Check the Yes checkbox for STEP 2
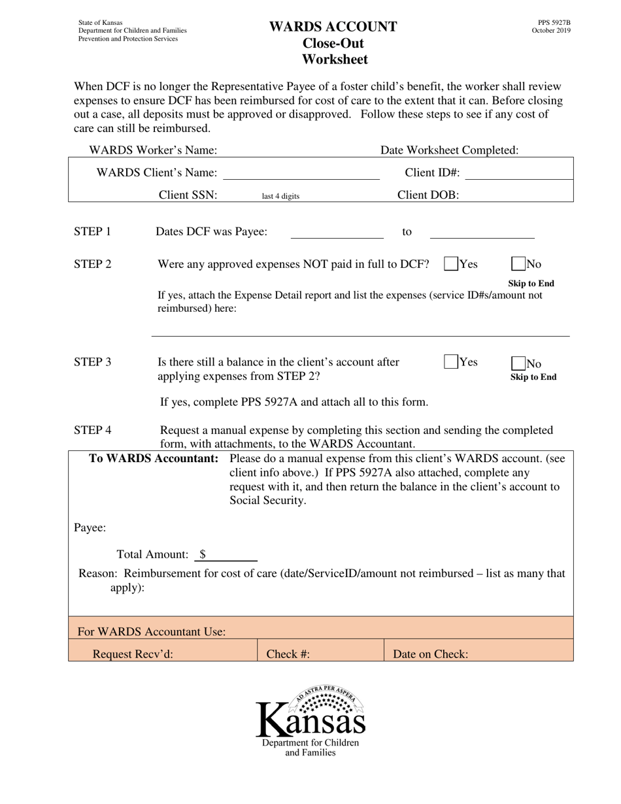pyautogui.click(x=451, y=264)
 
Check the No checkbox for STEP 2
pyautogui.click(x=518, y=264)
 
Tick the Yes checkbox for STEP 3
pyautogui.click(x=451, y=362)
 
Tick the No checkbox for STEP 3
pyautogui.click(x=518, y=363)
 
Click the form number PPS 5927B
pyautogui.click(x=554, y=22)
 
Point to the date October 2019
pyautogui.click(x=551, y=31)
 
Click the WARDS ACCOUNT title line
pyautogui.click(x=333, y=27)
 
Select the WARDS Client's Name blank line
pyautogui.click(x=301, y=173)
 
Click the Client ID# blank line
pyautogui.click(x=520, y=173)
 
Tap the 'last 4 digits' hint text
pyautogui.click(x=280, y=196)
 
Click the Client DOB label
pyautogui.click(x=428, y=195)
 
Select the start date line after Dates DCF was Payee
pyautogui.click(x=337, y=232)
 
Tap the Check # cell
pyautogui.click(x=320, y=654)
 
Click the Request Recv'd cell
pyautogui.click(x=163, y=654)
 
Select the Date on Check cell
pyautogui.click(x=478, y=654)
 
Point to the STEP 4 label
pyautogui.click(x=92, y=430)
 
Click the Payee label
pyautogui.click(x=90, y=528)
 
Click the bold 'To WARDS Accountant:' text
pyautogui.click(x=154, y=458)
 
